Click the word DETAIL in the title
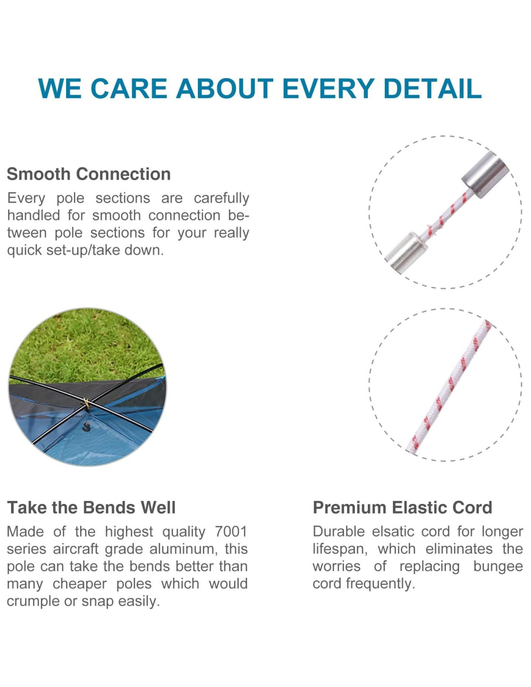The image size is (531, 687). click(432, 88)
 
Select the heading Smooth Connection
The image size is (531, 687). click(89, 174)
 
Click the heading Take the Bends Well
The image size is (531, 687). click(91, 507)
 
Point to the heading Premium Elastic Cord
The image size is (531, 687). click(403, 507)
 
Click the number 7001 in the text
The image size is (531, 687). click(231, 531)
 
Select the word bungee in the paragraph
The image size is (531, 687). click(498, 567)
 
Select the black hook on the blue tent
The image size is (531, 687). click(85, 427)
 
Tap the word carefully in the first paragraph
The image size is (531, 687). click(222, 199)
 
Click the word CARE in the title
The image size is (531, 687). click(129, 88)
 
